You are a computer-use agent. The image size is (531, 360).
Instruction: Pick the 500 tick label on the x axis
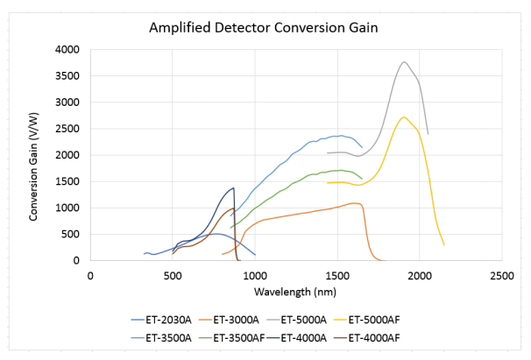[x=173, y=275]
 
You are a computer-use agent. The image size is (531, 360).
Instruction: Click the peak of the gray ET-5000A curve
[x=403, y=62]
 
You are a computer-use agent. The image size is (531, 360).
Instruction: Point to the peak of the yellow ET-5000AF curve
[x=403, y=117]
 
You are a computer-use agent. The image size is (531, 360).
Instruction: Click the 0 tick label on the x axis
[x=90, y=275]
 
